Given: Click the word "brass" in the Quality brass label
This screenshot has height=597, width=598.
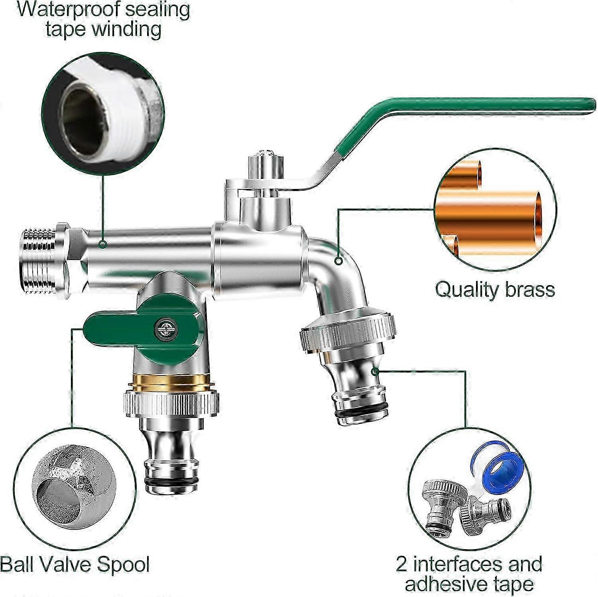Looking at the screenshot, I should point(530,289).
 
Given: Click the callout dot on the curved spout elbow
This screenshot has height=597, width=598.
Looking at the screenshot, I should point(338,261).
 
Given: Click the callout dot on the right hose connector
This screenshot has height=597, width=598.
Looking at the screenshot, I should point(375,371).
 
